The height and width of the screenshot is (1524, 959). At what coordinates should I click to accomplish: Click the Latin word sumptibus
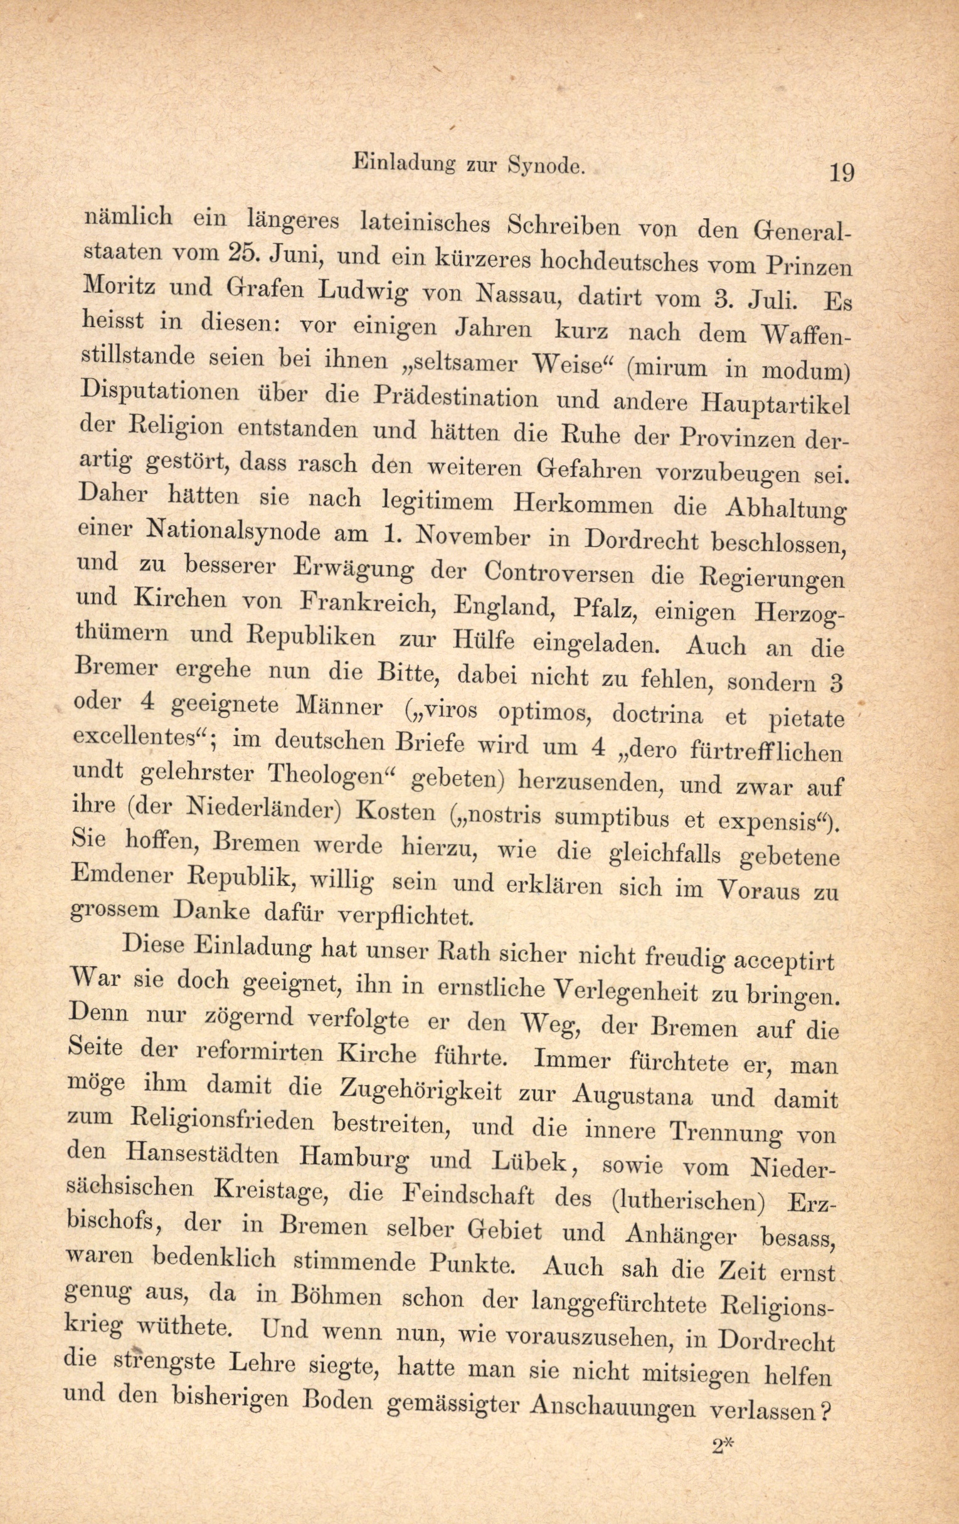pyautogui.click(x=610, y=816)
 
